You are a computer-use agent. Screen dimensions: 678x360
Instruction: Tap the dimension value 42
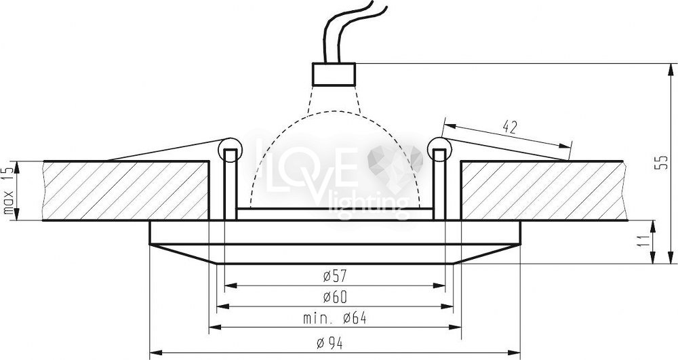[x=511, y=127]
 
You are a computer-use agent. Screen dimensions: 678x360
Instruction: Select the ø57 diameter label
[x=335, y=275]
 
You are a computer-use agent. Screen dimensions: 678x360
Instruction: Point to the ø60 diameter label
[x=335, y=297]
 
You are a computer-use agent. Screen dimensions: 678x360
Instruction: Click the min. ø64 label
[x=335, y=319]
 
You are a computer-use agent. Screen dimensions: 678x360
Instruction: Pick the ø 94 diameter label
[x=330, y=344]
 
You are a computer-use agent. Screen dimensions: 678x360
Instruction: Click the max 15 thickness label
[x=9, y=191]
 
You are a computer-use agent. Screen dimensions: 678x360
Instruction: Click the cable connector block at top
[x=334, y=75]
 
